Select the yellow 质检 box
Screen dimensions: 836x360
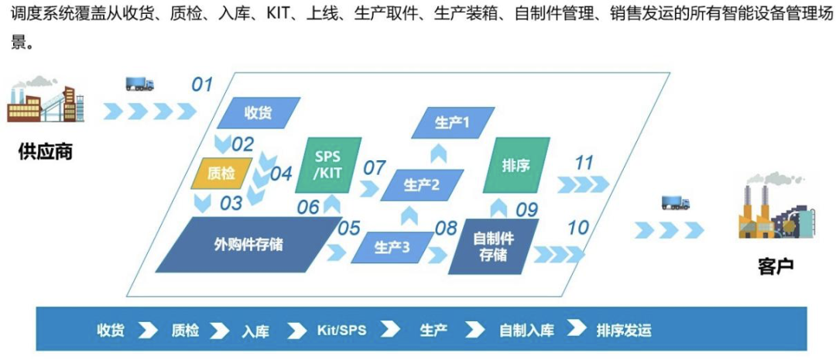tap(222, 173)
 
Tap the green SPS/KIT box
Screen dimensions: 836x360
tap(328, 165)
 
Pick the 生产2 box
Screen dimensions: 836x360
tap(422, 184)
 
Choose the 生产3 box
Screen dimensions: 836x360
tap(392, 248)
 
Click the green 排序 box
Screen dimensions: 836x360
tap(516, 165)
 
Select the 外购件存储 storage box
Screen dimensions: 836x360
tap(248, 245)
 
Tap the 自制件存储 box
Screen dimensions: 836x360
tap(493, 246)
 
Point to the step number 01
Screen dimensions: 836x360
tap(202, 84)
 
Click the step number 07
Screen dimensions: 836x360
tap(375, 167)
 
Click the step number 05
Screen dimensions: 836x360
tap(350, 228)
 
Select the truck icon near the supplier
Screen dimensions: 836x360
tap(139, 84)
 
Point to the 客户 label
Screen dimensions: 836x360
tap(776, 265)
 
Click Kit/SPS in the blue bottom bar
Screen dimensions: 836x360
tap(342, 330)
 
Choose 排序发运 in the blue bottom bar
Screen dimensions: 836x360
tap(624, 330)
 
